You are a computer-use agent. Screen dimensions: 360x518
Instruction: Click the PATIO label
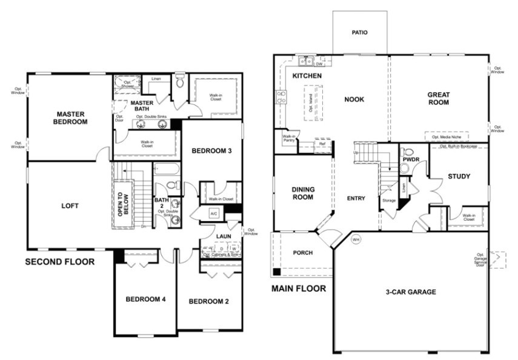click(360, 33)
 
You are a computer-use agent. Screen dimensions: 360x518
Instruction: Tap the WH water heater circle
click(356, 238)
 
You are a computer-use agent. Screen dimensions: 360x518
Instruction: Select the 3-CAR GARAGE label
click(410, 292)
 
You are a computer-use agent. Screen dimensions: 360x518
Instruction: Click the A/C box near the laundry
click(214, 214)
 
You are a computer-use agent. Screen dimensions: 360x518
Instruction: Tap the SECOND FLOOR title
click(59, 262)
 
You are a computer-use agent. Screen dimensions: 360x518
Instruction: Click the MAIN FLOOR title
click(298, 288)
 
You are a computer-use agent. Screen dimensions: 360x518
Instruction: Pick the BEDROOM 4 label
click(145, 299)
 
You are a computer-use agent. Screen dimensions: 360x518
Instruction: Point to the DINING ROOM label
click(302, 193)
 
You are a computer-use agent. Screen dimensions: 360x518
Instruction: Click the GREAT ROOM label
click(438, 98)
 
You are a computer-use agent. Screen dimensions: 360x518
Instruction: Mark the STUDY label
click(459, 176)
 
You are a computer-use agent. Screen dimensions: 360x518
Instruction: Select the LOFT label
click(70, 205)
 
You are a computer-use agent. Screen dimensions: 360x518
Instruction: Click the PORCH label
click(302, 253)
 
